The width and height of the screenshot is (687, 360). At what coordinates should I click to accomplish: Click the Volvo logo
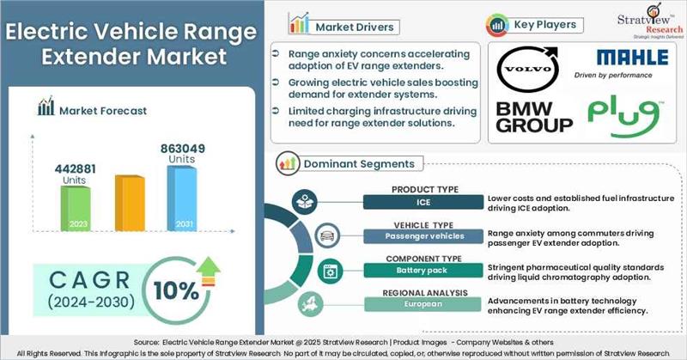(526, 70)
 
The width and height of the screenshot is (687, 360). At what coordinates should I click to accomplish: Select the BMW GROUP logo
(533, 117)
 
